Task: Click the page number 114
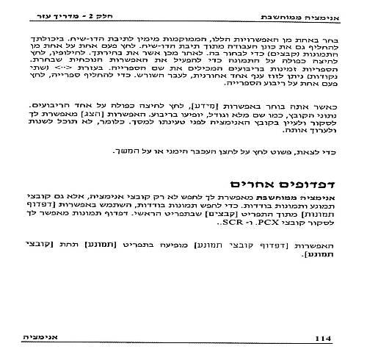coord(324,338)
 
